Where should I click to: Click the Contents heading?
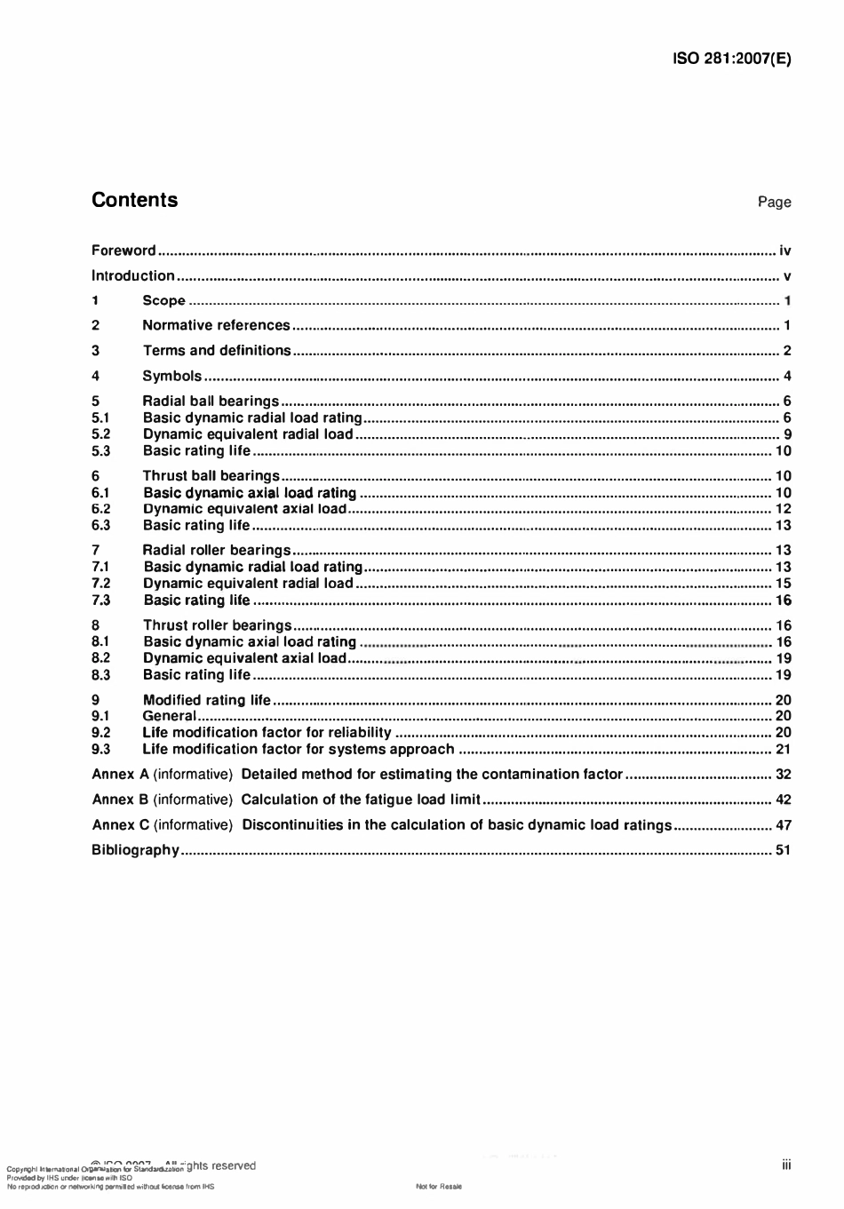134,200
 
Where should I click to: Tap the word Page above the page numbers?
774,203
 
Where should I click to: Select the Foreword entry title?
123,251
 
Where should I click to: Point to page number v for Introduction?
787,276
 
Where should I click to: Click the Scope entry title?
163,301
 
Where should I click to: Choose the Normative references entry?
216,326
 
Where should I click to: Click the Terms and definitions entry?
217,351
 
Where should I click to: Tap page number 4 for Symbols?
787,376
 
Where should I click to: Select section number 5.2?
100,434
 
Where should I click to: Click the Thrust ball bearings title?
211,476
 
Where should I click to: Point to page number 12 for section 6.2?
783,509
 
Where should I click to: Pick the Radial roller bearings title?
217,551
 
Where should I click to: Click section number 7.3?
100,601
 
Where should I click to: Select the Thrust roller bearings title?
217,625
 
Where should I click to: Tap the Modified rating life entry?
206,700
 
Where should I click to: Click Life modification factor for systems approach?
298,750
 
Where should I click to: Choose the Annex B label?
114,799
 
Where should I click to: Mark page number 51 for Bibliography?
783,850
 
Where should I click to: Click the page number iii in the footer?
786,1165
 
